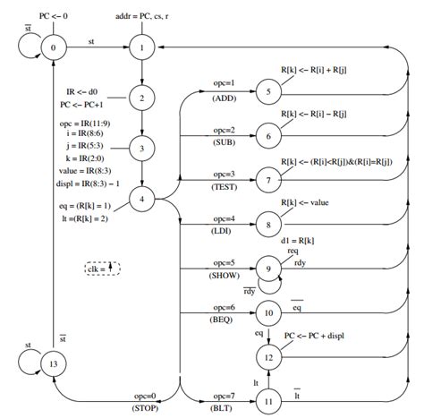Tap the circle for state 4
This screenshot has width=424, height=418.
pos(142,198)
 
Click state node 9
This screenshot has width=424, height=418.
pos(267,267)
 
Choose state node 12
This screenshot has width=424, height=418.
pos(267,355)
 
